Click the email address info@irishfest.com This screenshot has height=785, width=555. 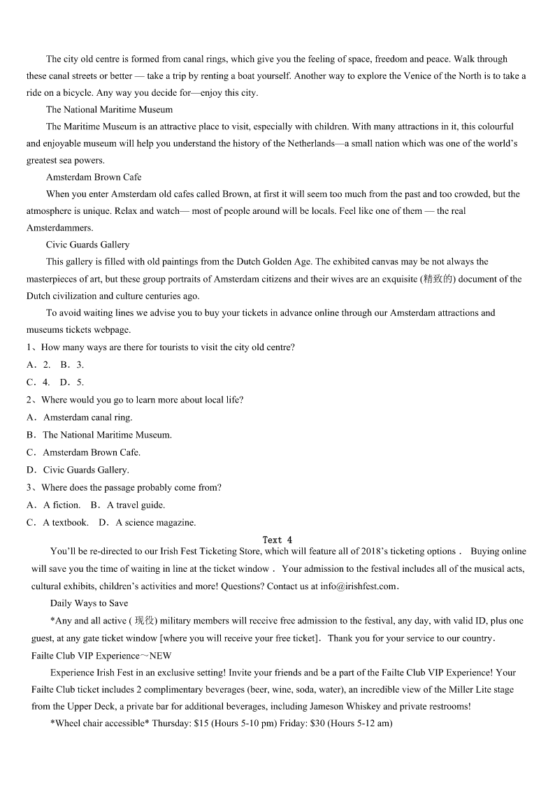pos(358,586)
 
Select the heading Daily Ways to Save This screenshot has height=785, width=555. pos(89,603)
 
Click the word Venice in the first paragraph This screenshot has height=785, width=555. pos(403,76)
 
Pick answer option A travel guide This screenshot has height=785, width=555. pos(136,505)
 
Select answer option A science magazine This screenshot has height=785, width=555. pos(156,522)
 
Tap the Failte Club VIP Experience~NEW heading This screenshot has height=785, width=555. pos(101,656)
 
